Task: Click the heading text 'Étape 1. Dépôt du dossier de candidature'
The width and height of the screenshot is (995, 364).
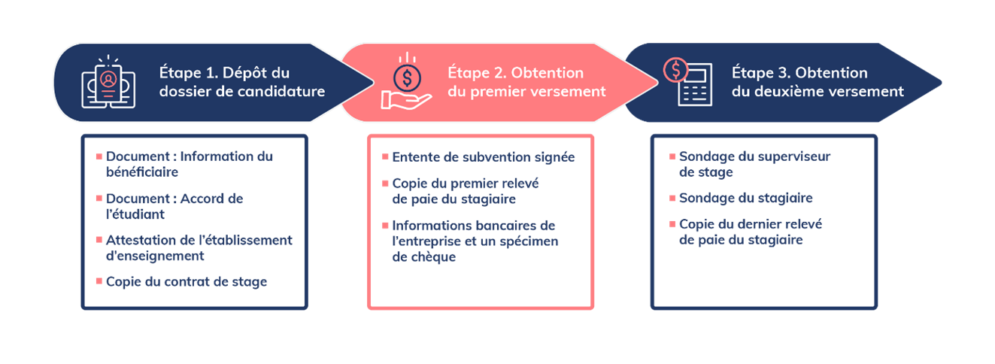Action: (x=241, y=83)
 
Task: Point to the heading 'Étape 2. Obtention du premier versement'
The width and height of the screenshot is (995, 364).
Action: (x=526, y=83)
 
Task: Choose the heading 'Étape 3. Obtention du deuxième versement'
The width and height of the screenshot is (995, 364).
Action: (x=818, y=83)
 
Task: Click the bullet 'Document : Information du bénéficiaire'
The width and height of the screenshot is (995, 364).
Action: (x=189, y=164)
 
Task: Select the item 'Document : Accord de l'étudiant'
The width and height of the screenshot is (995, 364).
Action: (x=174, y=206)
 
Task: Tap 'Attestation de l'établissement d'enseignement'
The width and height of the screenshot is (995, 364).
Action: (x=198, y=248)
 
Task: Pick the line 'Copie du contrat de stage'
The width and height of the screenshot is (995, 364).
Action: (x=187, y=282)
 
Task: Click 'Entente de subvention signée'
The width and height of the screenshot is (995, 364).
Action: (x=483, y=157)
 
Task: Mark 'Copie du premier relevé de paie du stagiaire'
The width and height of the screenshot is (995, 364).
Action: (x=466, y=191)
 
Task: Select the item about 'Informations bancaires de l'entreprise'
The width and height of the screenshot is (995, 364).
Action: (x=475, y=241)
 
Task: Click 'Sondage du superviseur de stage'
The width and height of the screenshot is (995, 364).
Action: (x=754, y=164)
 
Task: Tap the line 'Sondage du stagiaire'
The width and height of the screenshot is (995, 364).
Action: (x=745, y=198)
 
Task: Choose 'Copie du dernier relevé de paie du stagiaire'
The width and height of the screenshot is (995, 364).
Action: (x=750, y=232)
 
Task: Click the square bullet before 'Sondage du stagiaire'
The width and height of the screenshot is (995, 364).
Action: (x=672, y=199)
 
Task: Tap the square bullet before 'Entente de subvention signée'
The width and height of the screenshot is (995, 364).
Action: (x=385, y=158)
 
